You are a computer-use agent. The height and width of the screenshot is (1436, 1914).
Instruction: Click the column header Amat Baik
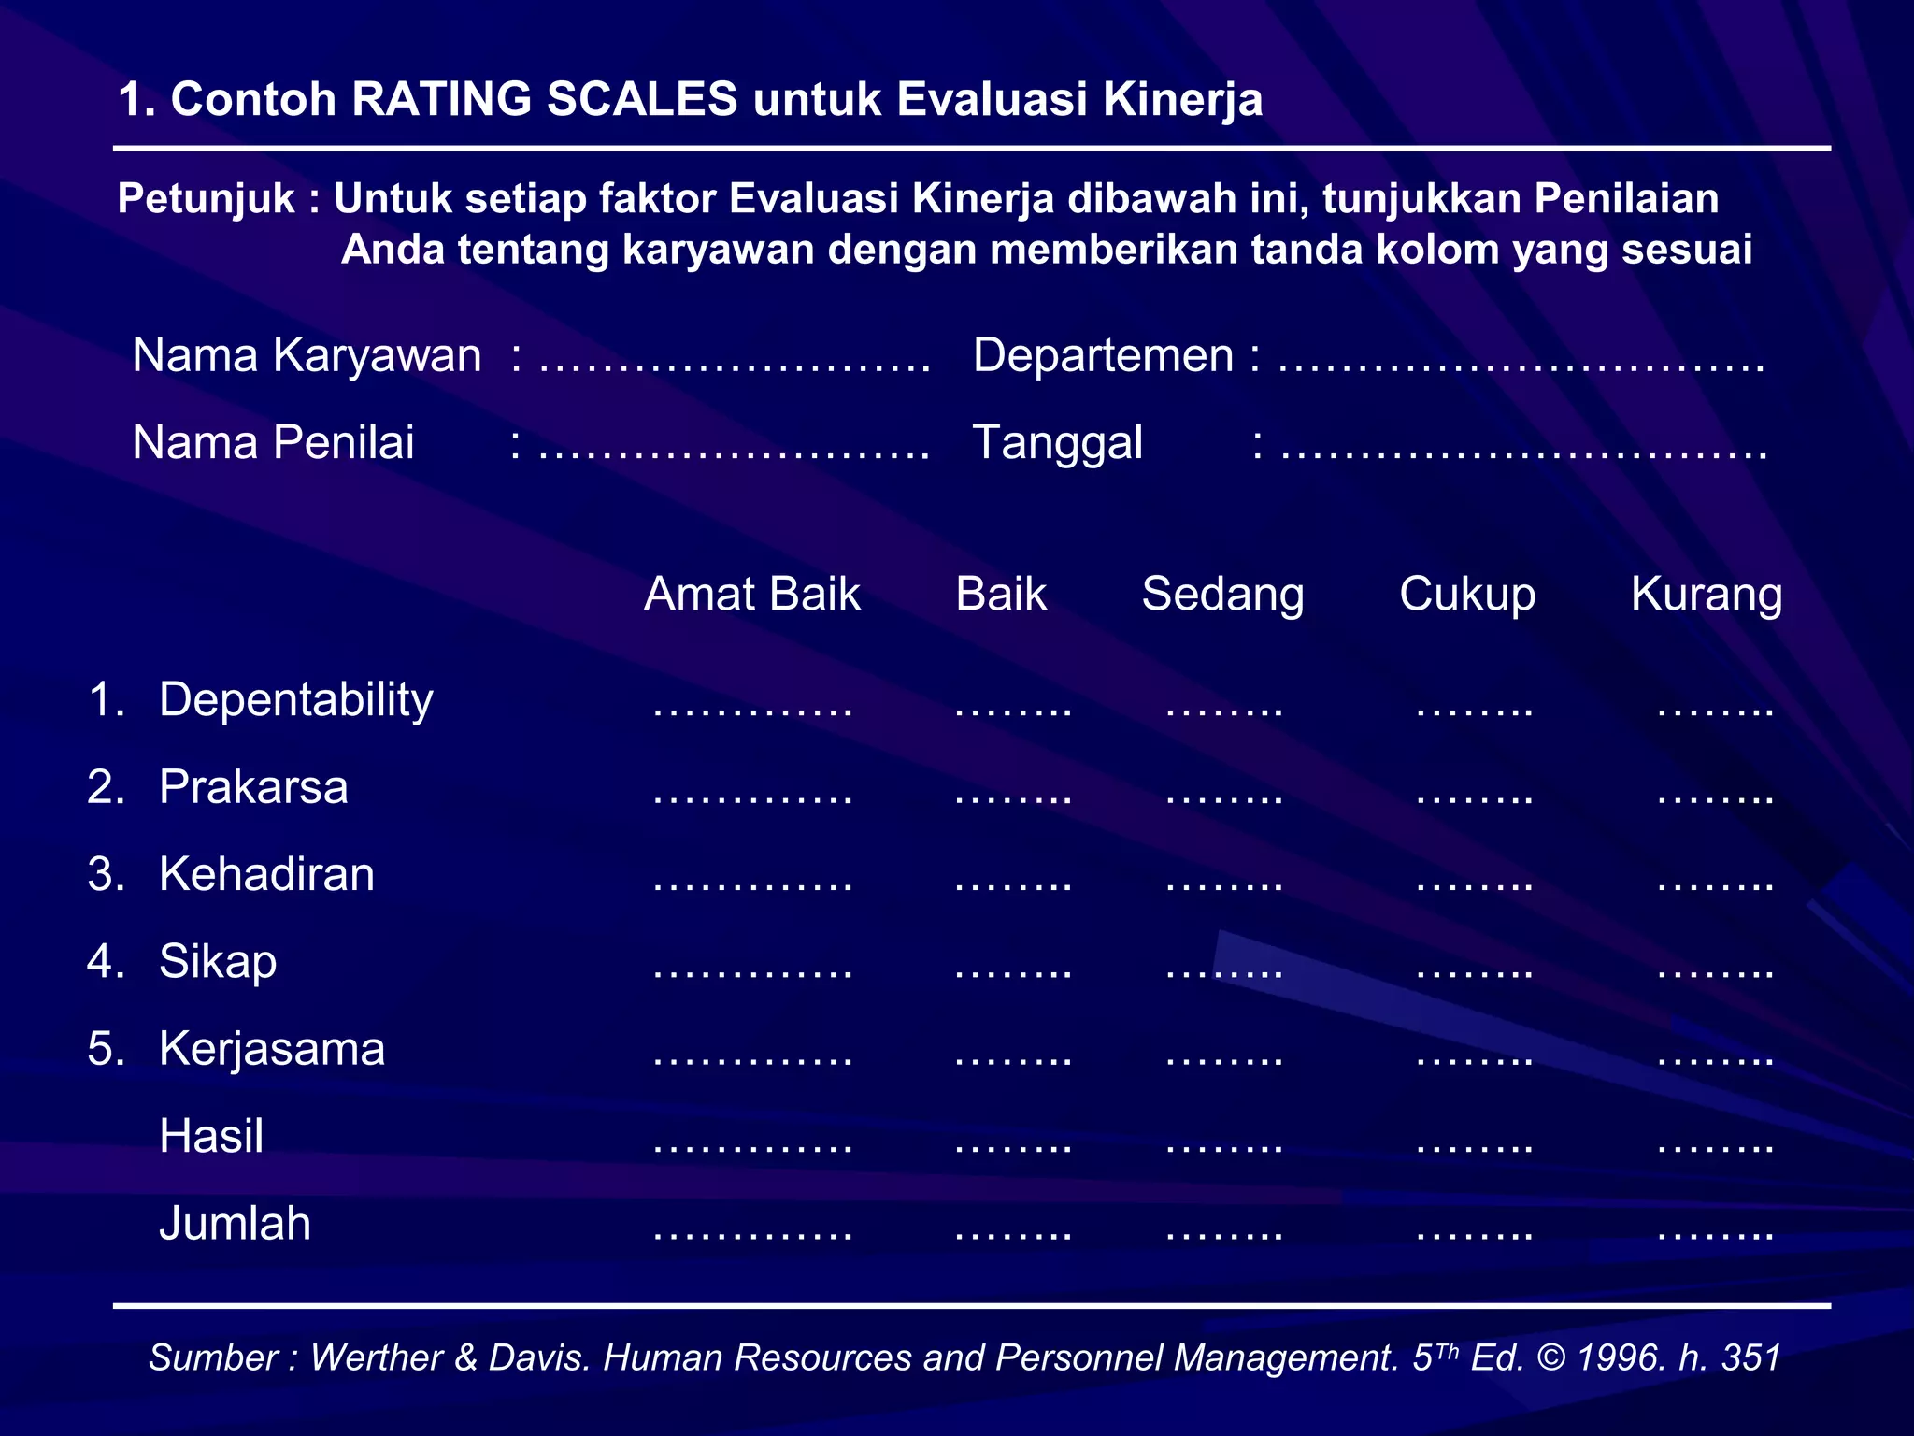point(751,595)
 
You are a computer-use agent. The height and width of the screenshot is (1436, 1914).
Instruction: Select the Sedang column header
point(1222,595)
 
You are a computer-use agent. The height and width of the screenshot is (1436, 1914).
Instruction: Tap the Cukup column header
point(1467,595)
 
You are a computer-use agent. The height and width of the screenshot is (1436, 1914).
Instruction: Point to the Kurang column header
point(1707,595)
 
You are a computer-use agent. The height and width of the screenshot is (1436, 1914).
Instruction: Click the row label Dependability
point(295,700)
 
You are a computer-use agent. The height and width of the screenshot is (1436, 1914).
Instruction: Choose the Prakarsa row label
point(253,787)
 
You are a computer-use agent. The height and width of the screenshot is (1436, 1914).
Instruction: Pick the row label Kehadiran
point(266,875)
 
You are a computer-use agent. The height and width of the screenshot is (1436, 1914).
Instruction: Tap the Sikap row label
point(218,962)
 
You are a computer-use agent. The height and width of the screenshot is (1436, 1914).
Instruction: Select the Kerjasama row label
point(272,1049)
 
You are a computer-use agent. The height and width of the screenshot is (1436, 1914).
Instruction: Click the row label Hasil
point(211,1137)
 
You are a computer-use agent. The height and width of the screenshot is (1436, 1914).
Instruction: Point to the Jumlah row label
point(235,1224)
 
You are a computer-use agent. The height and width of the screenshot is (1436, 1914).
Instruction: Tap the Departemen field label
point(1103,356)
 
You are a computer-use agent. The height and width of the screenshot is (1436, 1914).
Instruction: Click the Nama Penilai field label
point(273,443)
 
